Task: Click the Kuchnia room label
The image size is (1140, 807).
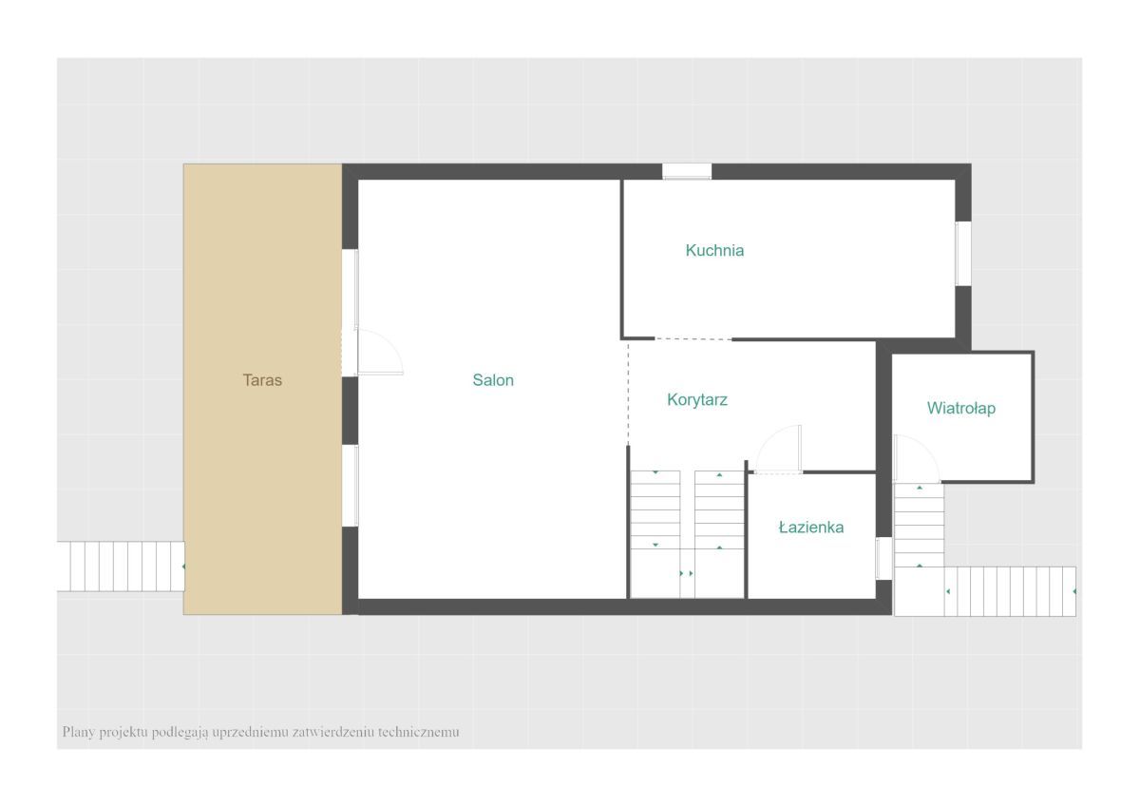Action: pos(714,250)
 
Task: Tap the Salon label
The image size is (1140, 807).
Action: pos(493,380)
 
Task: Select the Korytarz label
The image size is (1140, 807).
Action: pos(696,399)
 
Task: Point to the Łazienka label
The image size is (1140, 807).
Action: pos(811,527)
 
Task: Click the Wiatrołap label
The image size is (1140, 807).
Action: pos(960,408)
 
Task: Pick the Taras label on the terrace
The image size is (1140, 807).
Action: pos(262,380)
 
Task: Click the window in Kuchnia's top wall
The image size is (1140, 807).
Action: pos(687,171)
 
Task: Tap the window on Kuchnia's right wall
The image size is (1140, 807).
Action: pos(963,254)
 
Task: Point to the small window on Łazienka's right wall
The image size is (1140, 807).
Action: pos(883,558)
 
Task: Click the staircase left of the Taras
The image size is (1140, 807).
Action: pos(121,567)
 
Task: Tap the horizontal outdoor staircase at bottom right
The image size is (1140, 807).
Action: pos(1010,591)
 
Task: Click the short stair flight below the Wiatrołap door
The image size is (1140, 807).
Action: pos(920,525)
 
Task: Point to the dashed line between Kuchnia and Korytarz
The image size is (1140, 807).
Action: pos(693,339)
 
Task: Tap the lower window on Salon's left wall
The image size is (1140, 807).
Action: pos(351,486)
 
